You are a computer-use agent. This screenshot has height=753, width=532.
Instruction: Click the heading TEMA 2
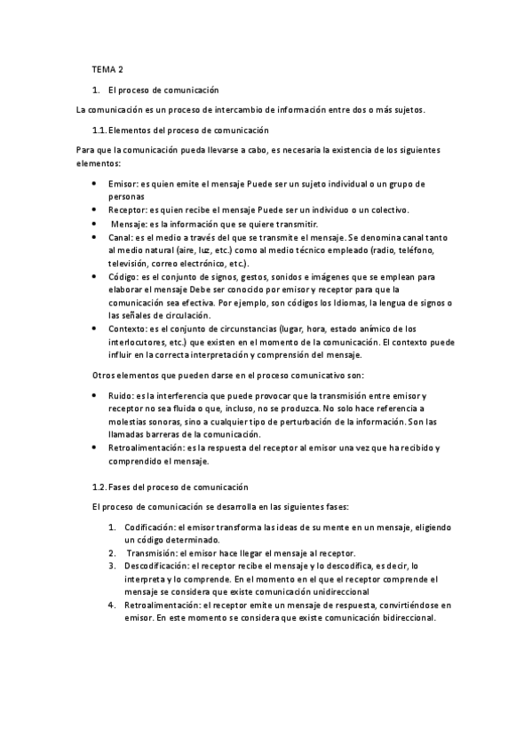click(x=107, y=69)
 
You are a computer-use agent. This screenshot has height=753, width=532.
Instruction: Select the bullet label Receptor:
click(x=129, y=210)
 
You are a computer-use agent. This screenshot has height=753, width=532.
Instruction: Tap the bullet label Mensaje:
click(x=130, y=224)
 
